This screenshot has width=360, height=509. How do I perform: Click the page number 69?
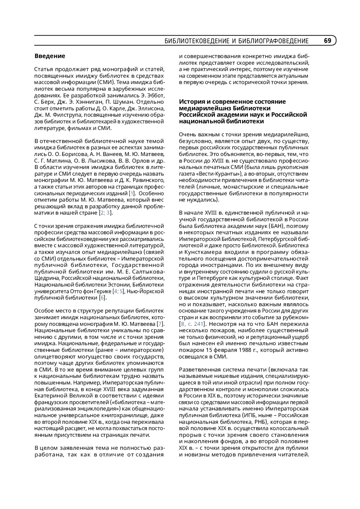tap(327, 41)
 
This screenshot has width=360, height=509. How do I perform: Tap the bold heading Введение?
tap(50, 56)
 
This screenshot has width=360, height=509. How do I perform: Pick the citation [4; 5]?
tap(118, 291)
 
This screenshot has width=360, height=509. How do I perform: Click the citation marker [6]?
tap(103, 298)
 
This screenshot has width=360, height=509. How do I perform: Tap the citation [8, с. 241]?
tap(192, 324)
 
